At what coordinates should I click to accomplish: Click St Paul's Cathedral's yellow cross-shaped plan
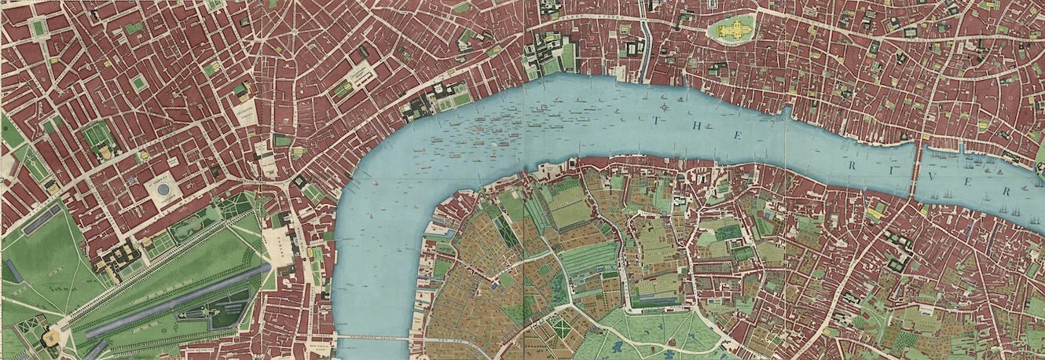(731, 29)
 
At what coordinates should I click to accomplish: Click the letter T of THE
(657, 121)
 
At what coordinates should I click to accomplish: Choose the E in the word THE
(738, 136)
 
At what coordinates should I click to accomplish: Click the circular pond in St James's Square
(163, 189)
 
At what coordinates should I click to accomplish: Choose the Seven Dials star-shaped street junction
(294, 31)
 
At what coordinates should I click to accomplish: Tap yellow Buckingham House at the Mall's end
(51, 338)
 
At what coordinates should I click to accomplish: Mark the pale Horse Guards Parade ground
(277, 244)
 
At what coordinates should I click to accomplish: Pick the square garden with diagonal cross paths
(561, 327)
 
